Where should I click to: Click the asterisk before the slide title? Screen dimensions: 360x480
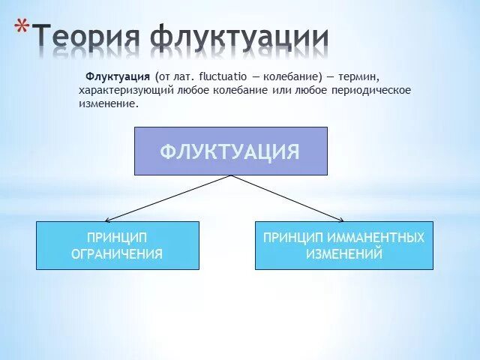pyautogui.click(x=23, y=29)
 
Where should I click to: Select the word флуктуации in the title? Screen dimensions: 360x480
pyautogui.click(x=239, y=37)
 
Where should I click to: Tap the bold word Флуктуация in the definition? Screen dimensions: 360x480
pyautogui.click(x=118, y=77)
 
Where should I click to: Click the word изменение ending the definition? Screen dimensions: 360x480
pyautogui.click(x=107, y=103)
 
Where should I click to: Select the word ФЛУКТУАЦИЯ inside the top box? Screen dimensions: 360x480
pyautogui.click(x=229, y=152)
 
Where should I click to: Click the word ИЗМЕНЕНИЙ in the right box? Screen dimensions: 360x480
pyautogui.click(x=343, y=254)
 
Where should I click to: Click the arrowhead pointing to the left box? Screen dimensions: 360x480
pyautogui.click(x=107, y=220)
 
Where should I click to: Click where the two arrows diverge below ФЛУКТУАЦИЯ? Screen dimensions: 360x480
pyautogui.click(x=231, y=176)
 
